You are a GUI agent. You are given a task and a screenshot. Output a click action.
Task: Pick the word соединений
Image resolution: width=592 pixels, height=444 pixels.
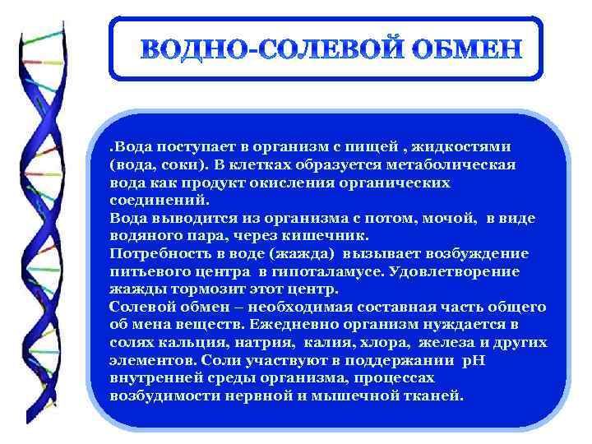click(x=160, y=200)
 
